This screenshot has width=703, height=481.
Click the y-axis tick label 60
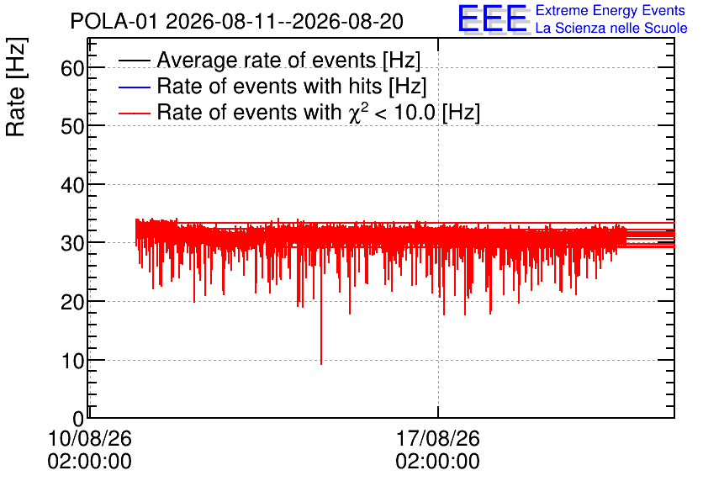point(72,69)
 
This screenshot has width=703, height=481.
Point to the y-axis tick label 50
point(72,127)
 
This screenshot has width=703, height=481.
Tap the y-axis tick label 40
point(72,185)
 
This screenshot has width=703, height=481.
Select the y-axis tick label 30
point(72,244)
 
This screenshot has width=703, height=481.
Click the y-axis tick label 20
point(72,303)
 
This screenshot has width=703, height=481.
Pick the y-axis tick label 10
point(72,361)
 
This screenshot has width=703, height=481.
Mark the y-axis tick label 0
point(78,419)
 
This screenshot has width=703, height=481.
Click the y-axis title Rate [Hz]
point(16,87)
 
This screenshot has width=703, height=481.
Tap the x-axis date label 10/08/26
point(90,438)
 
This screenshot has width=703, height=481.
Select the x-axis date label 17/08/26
point(437,438)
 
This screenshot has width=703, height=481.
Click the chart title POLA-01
point(114,21)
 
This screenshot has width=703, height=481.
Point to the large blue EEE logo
point(492,18)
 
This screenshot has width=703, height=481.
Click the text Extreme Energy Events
point(610,10)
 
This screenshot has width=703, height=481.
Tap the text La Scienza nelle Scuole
point(611,29)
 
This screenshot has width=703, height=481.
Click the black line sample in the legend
point(135,61)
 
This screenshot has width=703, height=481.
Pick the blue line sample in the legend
point(135,87)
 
